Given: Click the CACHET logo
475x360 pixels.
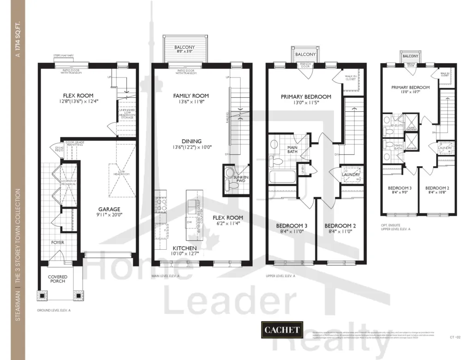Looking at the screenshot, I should [281, 330].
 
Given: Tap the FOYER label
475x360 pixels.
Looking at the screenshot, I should [58, 242].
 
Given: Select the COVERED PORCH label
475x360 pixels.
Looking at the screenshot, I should [58, 279].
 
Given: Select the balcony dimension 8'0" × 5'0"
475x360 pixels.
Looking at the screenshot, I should [184, 52].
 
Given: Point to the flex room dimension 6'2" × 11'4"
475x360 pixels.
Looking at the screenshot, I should [227, 223].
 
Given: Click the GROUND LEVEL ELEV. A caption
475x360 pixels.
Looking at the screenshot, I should [54, 311].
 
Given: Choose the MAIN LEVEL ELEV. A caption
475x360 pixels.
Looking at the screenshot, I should [166, 276].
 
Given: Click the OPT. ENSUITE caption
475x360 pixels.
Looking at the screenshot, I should [390, 225].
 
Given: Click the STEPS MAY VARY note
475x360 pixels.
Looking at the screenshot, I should [64, 55].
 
